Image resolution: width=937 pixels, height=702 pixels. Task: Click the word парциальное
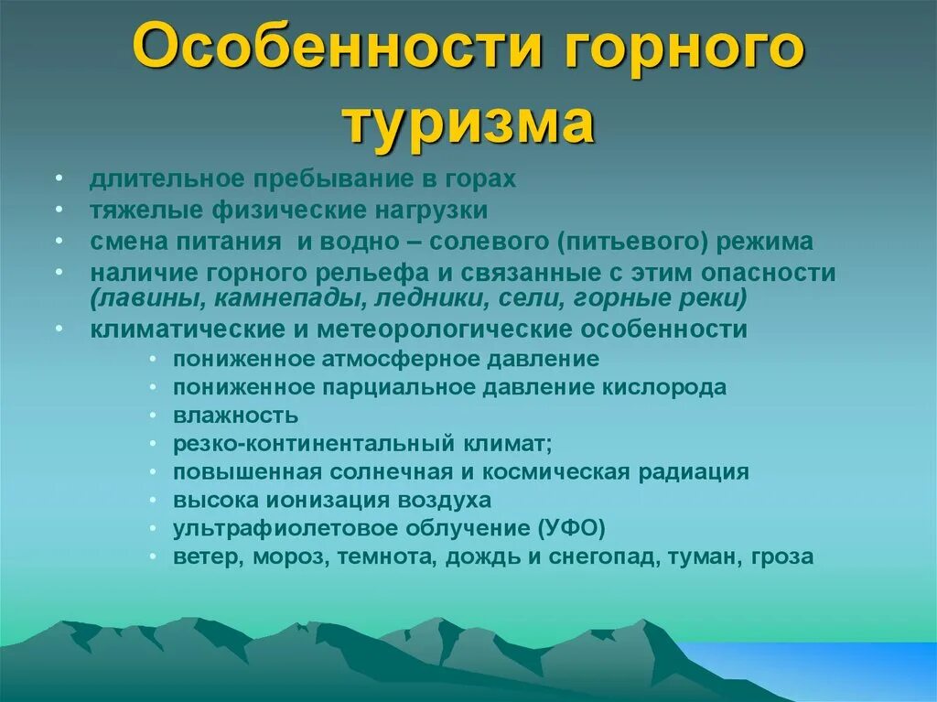click(377, 387)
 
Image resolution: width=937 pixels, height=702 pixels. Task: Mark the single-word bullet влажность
click(236, 416)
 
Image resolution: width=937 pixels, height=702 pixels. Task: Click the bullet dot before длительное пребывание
click(59, 179)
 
